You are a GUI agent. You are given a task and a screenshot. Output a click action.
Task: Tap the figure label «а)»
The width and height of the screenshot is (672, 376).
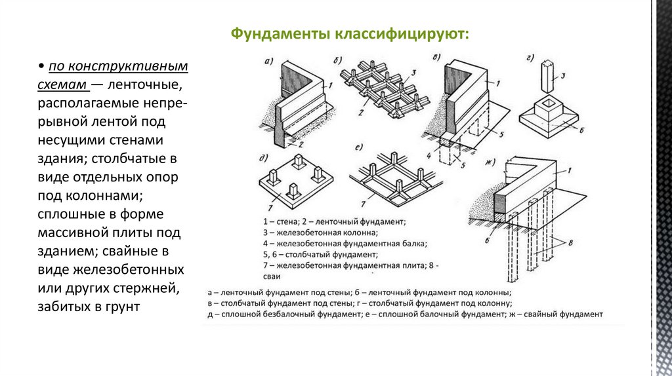coord(268,62)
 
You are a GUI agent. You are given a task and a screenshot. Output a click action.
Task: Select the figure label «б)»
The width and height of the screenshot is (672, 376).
coord(339,61)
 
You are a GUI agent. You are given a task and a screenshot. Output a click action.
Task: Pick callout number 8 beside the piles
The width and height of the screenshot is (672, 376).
coord(570,243)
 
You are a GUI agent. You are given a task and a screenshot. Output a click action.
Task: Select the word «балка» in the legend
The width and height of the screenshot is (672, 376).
coord(415,243)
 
